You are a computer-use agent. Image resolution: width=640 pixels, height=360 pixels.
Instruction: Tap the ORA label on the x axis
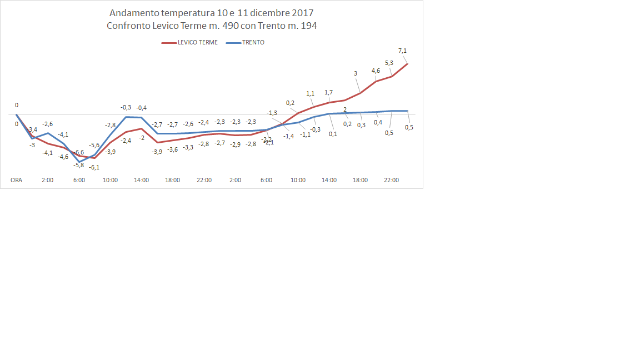pos(17,181)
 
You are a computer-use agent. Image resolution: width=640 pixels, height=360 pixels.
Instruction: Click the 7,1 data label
pos(403,51)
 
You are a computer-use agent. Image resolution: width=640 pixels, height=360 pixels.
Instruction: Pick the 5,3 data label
pos(389,63)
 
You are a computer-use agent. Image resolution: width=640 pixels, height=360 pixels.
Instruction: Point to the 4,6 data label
pos(376,71)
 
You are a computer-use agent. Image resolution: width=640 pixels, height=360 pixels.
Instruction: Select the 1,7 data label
pos(329,92)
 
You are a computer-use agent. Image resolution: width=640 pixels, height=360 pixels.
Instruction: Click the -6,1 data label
pos(94,167)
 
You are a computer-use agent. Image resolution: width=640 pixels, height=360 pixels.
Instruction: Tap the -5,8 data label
pos(78,165)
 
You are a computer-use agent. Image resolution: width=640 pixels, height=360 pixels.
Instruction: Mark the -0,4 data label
pos(142,108)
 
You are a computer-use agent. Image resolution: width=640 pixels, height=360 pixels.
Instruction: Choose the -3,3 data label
pos(188,147)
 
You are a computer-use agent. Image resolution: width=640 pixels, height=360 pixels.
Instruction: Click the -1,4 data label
pos(289,136)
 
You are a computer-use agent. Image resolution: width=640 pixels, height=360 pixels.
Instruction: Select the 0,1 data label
pos(333,133)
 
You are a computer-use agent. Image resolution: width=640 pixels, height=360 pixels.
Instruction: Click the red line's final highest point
pos(408,63)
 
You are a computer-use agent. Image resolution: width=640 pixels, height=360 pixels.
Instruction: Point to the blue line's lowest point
pos(79,162)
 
